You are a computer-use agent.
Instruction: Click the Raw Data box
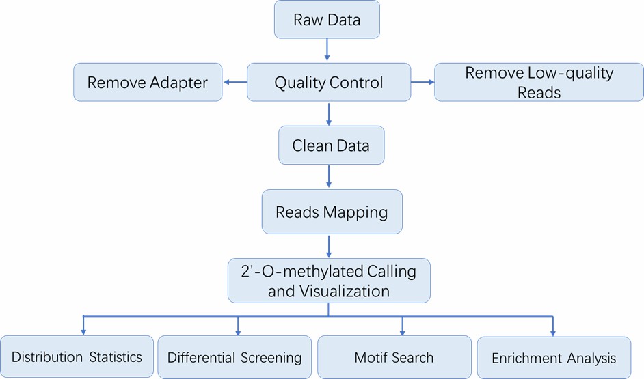[327, 19]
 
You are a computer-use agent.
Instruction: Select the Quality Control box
[329, 83]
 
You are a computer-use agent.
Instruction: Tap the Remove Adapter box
[148, 83]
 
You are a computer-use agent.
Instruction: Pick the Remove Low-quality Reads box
[539, 83]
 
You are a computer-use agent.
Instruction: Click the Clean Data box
[331, 146]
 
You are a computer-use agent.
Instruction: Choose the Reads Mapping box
[332, 212]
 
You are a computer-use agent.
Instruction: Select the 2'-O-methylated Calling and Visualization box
[329, 281]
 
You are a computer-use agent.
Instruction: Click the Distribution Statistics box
[77, 357]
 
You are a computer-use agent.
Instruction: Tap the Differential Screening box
[234, 357]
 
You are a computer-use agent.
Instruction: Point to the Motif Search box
[394, 357]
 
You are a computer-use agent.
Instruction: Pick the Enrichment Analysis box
[553, 357]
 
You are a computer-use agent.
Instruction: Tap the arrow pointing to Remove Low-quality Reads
[422, 83]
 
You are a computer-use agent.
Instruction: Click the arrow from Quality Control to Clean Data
[329, 114]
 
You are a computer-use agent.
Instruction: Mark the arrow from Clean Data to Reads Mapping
[329, 176]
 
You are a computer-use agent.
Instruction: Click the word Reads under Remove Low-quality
[539, 93]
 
